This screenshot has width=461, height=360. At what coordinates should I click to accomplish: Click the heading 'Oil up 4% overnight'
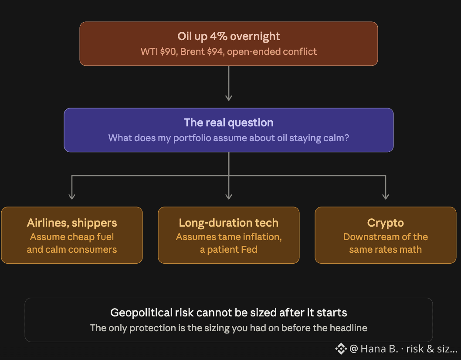pyautogui.click(x=228, y=37)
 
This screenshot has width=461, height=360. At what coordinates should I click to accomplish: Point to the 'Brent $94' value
pyautogui.click(x=202, y=51)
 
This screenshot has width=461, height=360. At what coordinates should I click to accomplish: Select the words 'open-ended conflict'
pyautogui.click(x=271, y=52)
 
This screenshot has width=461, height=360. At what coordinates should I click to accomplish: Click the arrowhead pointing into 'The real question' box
pyautogui.click(x=229, y=98)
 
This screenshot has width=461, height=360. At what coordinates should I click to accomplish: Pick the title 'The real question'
pyautogui.click(x=228, y=122)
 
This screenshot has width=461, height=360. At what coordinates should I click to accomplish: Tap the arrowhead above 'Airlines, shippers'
pyautogui.click(x=72, y=196)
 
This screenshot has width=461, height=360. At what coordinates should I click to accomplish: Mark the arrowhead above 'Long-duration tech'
pyautogui.click(x=229, y=196)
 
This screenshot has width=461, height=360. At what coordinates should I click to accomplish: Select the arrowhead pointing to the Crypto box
pyautogui.click(x=386, y=196)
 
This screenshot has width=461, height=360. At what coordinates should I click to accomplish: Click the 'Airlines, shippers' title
pyautogui.click(x=72, y=223)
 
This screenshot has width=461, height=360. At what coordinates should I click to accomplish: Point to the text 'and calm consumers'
pyautogui.click(x=72, y=249)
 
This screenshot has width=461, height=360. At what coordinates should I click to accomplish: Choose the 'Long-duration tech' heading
pyautogui.click(x=228, y=223)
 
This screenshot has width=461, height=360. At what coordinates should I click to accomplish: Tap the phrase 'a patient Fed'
pyautogui.click(x=228, y=249)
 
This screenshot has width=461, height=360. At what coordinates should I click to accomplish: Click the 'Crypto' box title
pyautogui.click(x=386, y=223)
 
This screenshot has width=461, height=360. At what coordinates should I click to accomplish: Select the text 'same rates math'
pyautogui.click(x=386, y=249)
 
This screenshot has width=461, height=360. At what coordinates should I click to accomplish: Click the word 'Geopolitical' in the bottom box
pyautogui.click(x=141, y=312)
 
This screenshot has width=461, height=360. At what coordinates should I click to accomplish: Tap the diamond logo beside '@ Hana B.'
pyautogui.click(x=341, y=349)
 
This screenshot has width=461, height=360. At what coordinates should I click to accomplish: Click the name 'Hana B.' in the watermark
pyautogui.click(x=379, y=349)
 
